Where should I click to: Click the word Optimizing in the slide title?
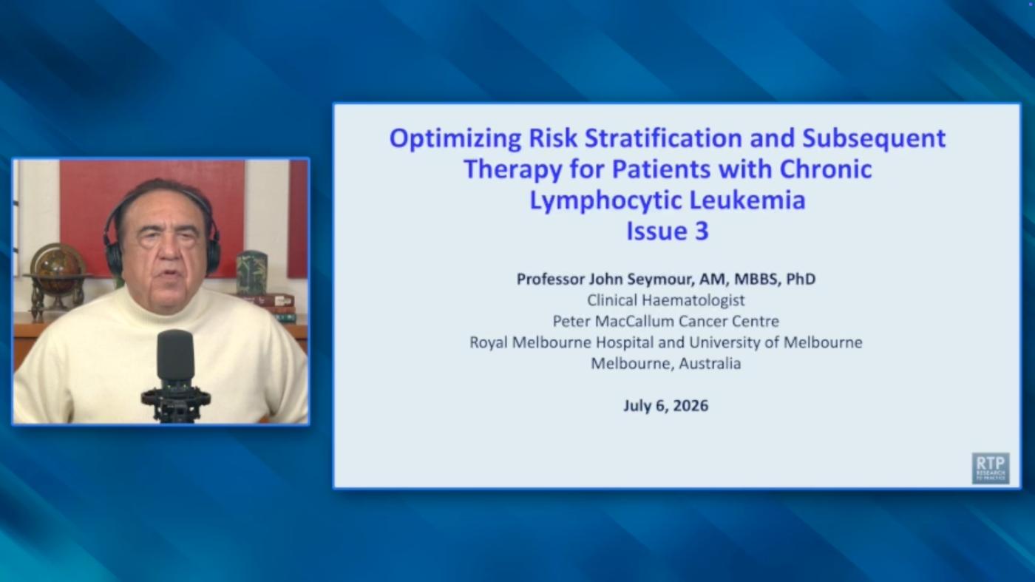click(455, 138)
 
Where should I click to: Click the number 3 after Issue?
click(702, 231)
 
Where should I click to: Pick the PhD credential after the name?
click(801, 279)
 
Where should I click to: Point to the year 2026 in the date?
click(690, 405)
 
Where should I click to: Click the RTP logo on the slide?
click(990, 468)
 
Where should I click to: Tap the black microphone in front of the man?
click(176, 376)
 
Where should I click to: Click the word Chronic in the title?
click(826, 169)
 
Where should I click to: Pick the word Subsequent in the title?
click(874, 138)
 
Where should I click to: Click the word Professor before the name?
click(550, 280)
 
